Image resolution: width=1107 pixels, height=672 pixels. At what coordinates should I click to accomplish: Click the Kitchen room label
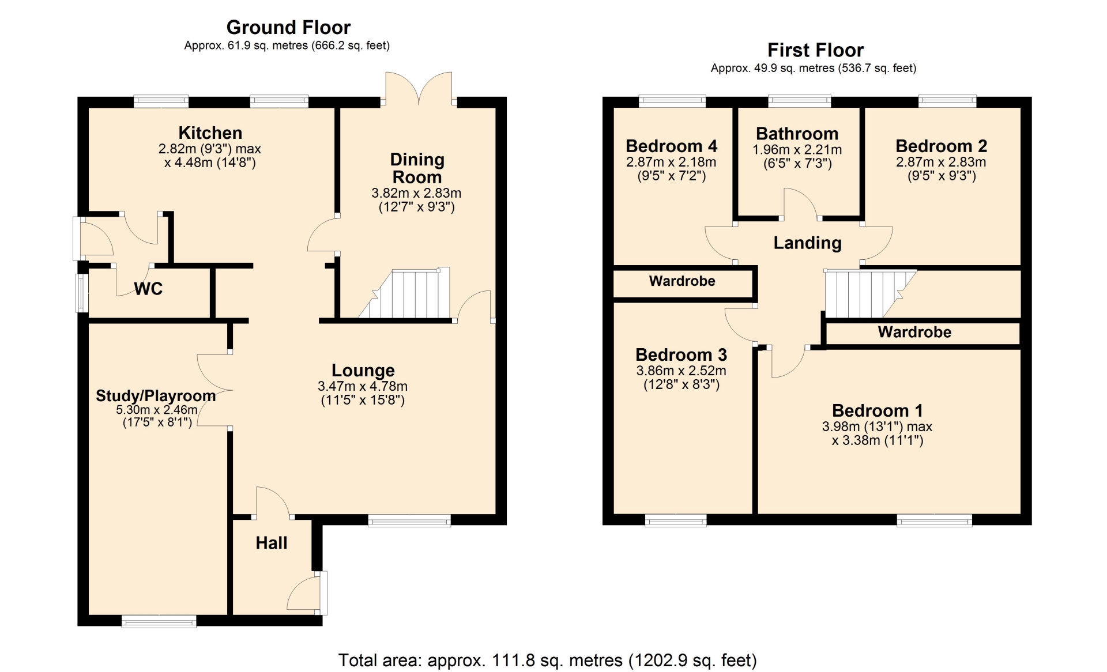[x=210, y=133]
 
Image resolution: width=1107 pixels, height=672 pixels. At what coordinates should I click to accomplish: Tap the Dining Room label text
[x=417, y=168]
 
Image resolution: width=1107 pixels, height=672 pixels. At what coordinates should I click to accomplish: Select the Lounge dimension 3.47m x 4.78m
[x=363, y=386]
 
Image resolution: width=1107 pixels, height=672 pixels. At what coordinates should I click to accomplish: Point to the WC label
[x=148, y=289]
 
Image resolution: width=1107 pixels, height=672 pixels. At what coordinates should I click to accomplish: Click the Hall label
[x=272, y=543]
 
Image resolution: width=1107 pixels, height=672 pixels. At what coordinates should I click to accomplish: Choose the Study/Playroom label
[x=156, y=396]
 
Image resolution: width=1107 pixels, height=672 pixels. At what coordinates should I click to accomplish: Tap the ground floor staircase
[x=404, y=293]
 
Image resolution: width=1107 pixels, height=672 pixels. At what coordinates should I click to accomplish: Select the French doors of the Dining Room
[x=419, y=88]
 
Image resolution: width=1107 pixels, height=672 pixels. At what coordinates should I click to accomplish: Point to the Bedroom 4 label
[x=671, y=146]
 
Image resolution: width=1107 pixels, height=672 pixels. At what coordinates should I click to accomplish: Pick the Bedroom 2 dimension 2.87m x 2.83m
[x=941, y=163]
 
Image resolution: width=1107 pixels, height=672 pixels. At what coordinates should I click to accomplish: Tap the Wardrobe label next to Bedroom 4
[x=682, y=281]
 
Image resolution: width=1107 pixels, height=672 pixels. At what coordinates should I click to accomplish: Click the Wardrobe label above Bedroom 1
[x=914, y=332]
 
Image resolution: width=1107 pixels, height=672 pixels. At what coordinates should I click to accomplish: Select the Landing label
[x=807, y=243]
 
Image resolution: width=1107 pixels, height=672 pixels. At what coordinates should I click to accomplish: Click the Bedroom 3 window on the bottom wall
[x=676, y=520]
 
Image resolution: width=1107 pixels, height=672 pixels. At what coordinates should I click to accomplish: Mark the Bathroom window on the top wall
[x=800, y=101]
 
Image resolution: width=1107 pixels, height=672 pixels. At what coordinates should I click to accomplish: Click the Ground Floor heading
[x=288, y=27]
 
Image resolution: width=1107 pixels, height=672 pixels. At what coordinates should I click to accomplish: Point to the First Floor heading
[x=815, y=50]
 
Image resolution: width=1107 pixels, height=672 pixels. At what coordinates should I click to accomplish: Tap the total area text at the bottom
[x=547, y=660]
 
